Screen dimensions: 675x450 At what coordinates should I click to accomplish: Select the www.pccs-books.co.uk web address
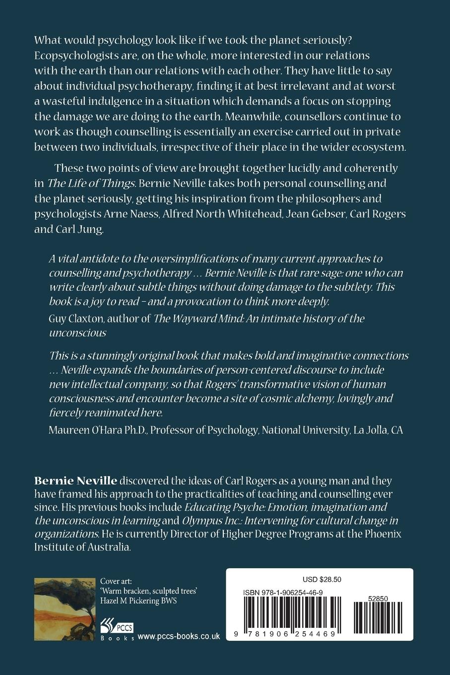click(178, 636)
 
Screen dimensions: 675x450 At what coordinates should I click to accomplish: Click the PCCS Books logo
click(117, 629)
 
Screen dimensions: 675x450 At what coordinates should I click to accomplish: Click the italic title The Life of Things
click(91, 183)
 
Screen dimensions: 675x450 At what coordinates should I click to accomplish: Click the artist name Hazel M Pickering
click(133, 601)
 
